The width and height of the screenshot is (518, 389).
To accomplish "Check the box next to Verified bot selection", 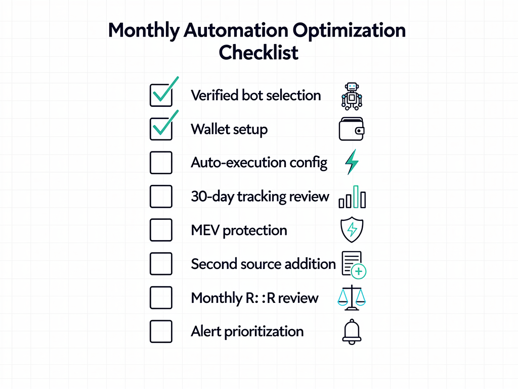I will click(x=161, y=95).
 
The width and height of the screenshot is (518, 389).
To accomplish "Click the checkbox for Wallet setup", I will click(x=161, y=129).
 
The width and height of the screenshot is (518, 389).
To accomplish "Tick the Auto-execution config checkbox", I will click(x=161, y=163).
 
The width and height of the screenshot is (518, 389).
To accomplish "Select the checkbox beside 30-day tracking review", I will click(x=161, y=197).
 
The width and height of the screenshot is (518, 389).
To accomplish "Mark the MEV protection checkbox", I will click(x=161, y=230).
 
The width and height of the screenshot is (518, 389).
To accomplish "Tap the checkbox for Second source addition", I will click(x=161, y=264).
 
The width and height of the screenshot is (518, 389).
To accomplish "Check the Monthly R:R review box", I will click(x=161, y=298).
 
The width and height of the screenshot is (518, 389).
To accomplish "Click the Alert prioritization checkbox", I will click(x=161, y=331).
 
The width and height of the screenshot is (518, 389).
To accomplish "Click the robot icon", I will click(x=352, y=95).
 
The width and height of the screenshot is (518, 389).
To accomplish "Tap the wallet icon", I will click(x=352, y=129).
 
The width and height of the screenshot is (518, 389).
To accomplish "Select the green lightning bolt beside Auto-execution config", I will click(x=352, y=162).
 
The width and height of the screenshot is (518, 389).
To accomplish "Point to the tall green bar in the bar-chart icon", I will click(x=356, y=197).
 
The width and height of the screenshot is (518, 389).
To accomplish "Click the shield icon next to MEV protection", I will click(x=352, y=230).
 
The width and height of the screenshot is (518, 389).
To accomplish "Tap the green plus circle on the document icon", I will click(x=359, y=271).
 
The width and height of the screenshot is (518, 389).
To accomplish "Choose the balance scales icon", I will click(x=352, y=298).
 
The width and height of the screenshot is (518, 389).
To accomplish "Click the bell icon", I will click(x=352, y=332).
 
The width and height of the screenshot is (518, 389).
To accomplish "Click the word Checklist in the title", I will click(x=258, y=52).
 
